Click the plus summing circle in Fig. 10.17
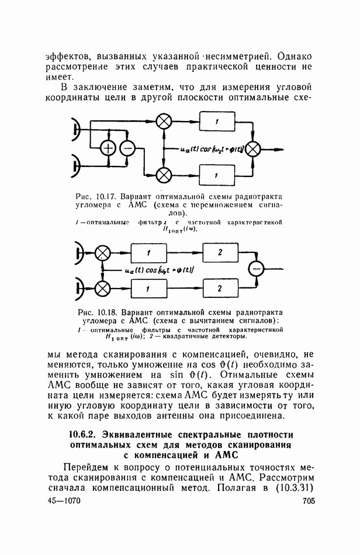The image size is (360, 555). tap(108, 149)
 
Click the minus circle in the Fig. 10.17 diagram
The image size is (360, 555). tap(127, 149)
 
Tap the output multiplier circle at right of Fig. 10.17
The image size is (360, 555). tap(252, 149)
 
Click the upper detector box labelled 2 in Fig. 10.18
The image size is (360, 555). tap(220, 252)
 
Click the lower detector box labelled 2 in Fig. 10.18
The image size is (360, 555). tap(220, 288)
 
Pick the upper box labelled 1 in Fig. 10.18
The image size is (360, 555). tap(148, 252)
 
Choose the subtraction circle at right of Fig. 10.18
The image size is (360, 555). tap(255, 269)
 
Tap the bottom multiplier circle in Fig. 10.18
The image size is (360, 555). tap(103, 288)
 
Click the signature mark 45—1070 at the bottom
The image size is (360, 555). tap(63, 501)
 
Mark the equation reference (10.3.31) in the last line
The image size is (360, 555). tap(290, 488)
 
